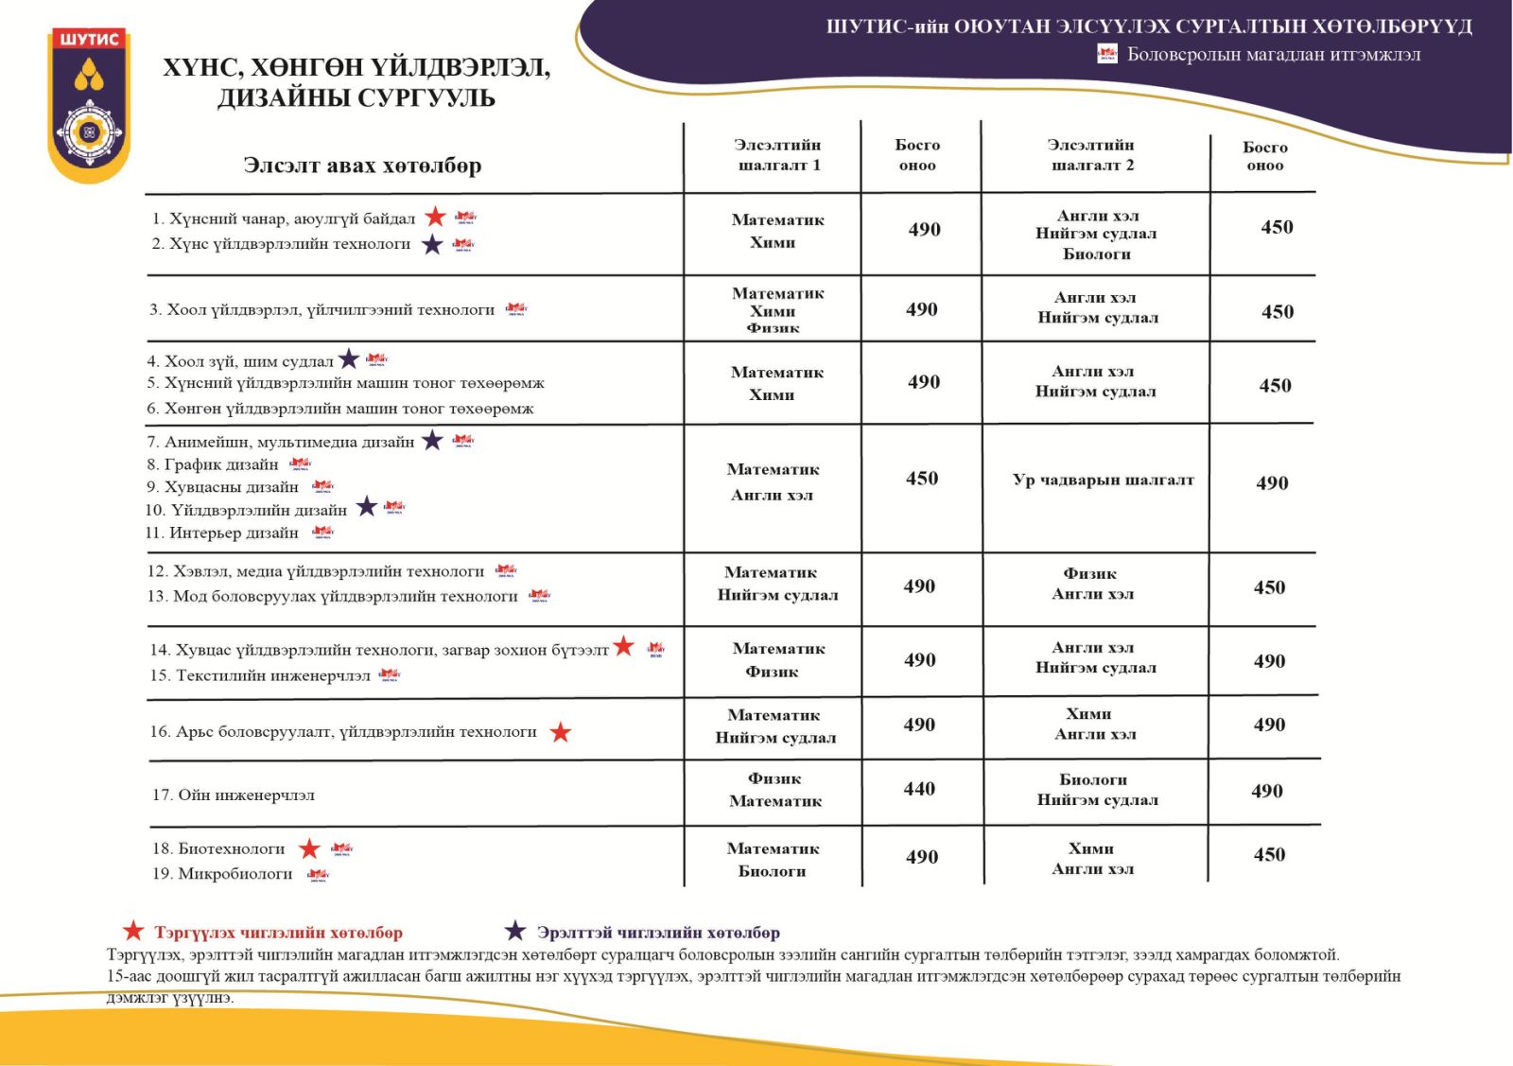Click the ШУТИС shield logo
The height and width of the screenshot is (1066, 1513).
pos(89,104)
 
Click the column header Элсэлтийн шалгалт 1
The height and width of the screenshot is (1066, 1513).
pos(777,155)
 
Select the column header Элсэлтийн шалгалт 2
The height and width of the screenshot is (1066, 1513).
pos(1090,155)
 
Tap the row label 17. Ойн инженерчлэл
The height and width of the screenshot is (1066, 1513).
pos(234,795)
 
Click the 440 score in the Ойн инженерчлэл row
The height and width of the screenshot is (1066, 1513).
pos(919,789)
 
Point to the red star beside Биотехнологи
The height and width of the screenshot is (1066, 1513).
pos(309,848)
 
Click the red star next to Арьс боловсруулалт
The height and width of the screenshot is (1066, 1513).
pos(561,732)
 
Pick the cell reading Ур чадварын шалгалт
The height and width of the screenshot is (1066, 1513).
pos(1103,480)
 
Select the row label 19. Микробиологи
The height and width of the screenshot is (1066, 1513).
pos(222,873)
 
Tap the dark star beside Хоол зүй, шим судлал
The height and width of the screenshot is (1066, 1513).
pos(349,359)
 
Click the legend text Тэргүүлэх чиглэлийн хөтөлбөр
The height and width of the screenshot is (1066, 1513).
pos(278,933)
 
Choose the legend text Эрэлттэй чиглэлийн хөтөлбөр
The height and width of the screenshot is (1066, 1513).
pos(658,933)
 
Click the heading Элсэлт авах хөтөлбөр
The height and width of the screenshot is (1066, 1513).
pos(362,166)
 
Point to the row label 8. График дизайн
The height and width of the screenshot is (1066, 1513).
pos(213,464)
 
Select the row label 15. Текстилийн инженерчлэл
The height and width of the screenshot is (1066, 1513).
pos(260,675)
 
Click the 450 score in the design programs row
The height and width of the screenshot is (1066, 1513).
pos(922,479)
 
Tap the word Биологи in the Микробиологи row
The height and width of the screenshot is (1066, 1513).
pos(772,871)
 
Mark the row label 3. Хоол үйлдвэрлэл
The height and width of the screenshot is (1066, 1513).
pos(322,309)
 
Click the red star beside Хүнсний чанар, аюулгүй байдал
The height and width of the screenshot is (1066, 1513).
pos(435,218)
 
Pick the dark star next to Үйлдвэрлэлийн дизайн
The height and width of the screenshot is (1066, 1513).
pos(367,508)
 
